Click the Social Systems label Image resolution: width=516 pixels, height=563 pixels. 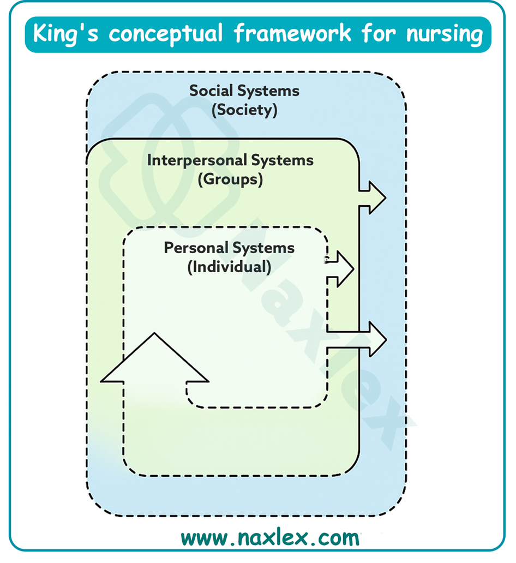pos(244,91)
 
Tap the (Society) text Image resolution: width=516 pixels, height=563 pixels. pos(244,110)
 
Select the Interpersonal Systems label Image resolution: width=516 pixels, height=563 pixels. pos(230,160)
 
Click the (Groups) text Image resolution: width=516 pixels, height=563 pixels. pos(230,179)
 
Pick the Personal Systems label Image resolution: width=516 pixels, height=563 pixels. pos(229,248)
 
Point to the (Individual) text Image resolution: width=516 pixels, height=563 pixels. pos(229,267)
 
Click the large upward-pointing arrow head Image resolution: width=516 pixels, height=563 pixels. pos(155,360)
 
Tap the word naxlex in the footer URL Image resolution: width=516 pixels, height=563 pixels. pos(271,538)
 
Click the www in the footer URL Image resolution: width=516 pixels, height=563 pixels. pos(202,538)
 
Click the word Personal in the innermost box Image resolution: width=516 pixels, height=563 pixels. pos(196,248)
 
